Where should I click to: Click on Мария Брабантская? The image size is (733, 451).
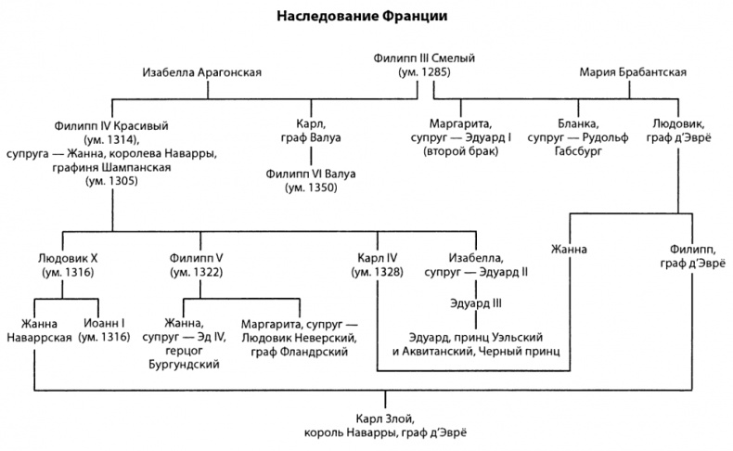coord(633,71)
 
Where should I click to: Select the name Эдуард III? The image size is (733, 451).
coord(476,303)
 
